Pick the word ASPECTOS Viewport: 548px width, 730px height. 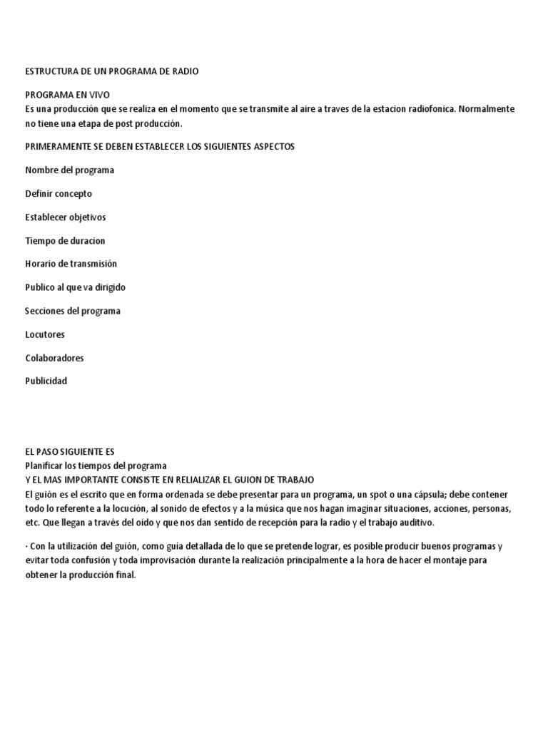[x=270, y=146]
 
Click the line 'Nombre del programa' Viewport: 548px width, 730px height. [x=69, y=170]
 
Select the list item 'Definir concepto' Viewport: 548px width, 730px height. [x=59, y=194]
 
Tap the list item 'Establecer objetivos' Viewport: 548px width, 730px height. [x=65, y=217]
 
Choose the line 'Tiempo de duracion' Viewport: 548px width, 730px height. [x=65, y=241]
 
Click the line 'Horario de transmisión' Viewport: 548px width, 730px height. [x=71, y=264]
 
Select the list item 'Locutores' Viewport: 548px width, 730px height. [x=45, y=334]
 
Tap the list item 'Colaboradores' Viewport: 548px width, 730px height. [x=54, y=358]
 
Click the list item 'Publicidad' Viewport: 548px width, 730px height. [x=46, y=381]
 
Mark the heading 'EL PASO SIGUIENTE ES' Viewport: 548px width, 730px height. [x=69, y=452]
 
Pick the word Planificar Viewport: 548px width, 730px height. [x=44, y=466]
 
